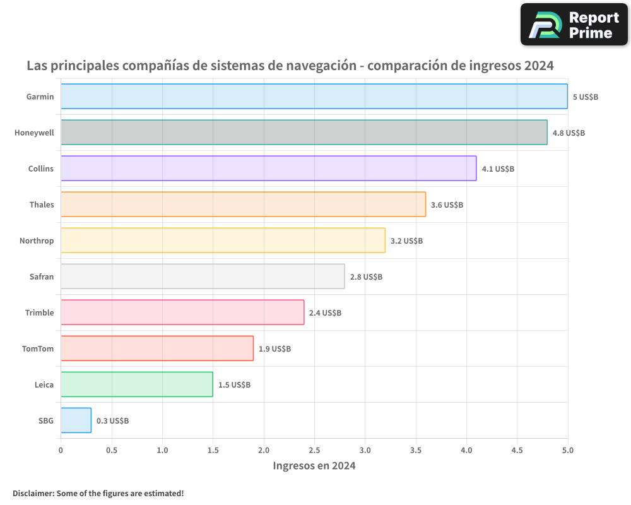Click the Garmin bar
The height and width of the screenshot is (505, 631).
(x=314, y=97)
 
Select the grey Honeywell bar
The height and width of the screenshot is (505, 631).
(x=304, y=133)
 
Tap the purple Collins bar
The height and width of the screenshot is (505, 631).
(x=268, y=169)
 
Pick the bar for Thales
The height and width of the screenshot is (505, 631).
(x=243, y=205)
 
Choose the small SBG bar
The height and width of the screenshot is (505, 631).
(x=76, y=420)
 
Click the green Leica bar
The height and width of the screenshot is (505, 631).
(x=136, y=384)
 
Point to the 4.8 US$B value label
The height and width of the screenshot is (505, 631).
(x=569, y=133)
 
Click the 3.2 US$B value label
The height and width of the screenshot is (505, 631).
(x=406, y=241)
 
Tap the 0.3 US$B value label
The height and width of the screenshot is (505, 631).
(x=112, y=421)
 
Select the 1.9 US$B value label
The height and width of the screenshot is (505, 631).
(x=274, y=349)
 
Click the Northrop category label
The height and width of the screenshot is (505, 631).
(x=37, y=241)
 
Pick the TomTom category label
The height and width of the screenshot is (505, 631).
(x=38, y=348)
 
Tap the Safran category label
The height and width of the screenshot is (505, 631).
(x=42, y=276)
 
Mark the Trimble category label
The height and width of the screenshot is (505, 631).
(x=39, y=312)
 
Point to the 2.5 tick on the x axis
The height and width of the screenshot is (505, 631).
(x=314, y=450)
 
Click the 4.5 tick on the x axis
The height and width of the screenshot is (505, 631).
(x=517, y=450)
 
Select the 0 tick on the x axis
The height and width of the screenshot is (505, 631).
(x=61, y=450)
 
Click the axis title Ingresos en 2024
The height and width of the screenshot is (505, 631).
(x=314, y=466)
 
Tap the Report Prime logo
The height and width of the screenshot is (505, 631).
(x=574, y=25)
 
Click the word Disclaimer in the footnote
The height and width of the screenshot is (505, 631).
(x=33, y=493)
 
